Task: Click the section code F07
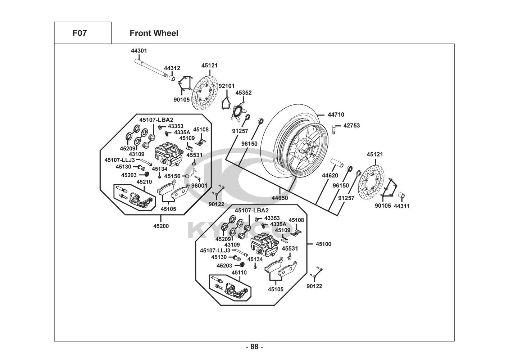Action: coord(79,33)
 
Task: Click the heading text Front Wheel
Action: coord(154,33)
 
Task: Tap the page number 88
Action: coord(254,347)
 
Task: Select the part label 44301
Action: coord(139,51)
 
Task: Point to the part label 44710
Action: coord(336,115)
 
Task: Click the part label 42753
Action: coord(351,126)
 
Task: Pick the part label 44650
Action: coord(280,198)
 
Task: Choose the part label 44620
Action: coord(330,176)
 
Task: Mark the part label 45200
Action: coord(161,226)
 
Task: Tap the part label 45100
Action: coord(323,244)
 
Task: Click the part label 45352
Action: coord(244,93)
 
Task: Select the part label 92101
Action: coord(226,86)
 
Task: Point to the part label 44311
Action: coord(401,206)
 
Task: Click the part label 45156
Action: coord(172,176)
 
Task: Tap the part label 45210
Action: coord(144,182)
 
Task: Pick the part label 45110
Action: coord(239,273)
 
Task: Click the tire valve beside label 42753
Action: coord(334,129)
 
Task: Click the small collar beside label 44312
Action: coord(172,78)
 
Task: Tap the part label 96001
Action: coord(199,186)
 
